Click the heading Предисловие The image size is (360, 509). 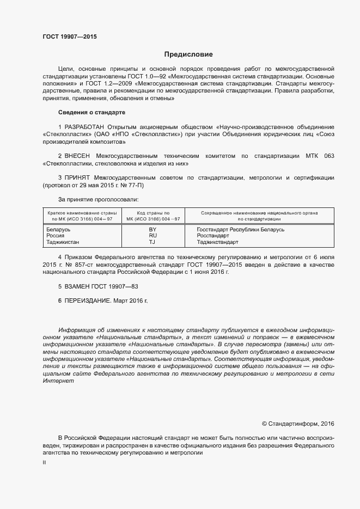pos(188,54)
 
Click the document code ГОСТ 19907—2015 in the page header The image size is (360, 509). pos(70,36)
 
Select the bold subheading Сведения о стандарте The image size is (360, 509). pos(91,112)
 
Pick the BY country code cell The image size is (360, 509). pos(152,229)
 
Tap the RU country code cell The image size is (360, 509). pos(152,235)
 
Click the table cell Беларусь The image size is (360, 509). pos(59,229)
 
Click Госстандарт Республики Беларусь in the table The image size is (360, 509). pos(240,229)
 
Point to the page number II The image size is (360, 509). pos(44,462)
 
